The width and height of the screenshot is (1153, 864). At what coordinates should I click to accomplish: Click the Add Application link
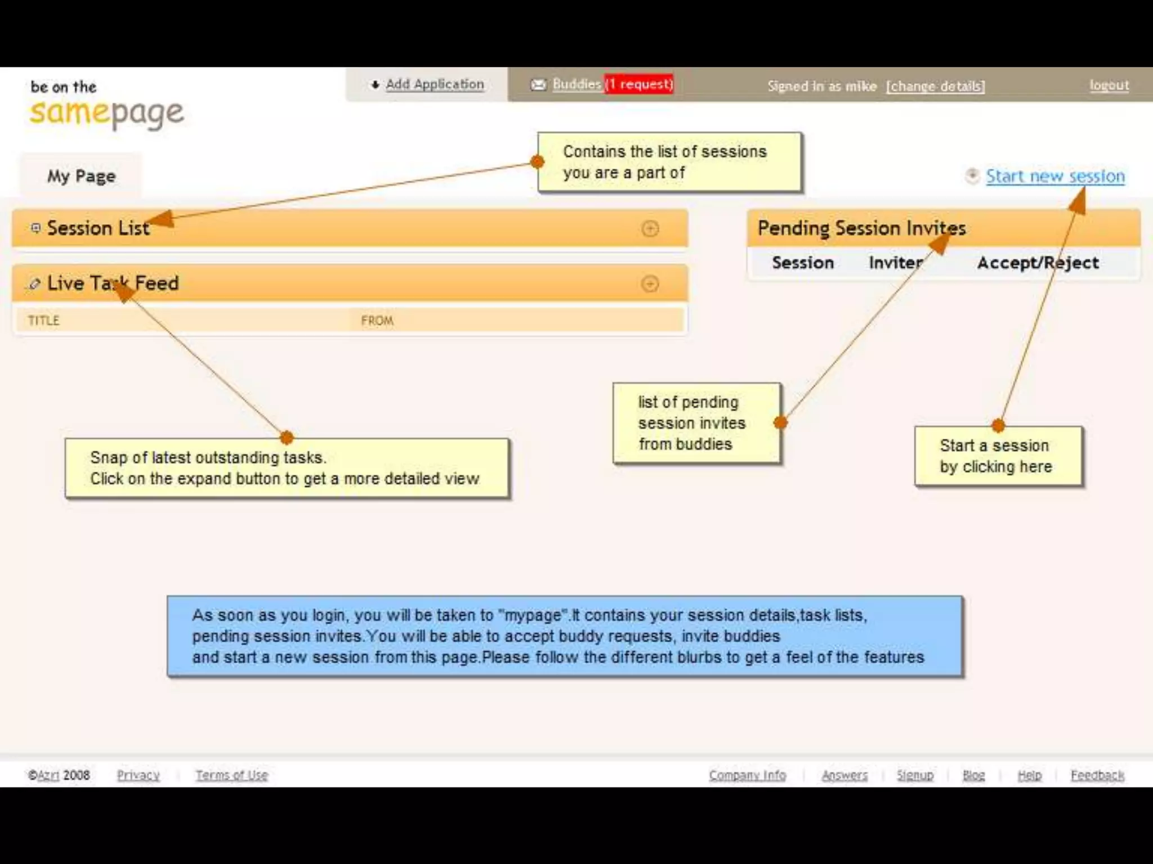point(434,84)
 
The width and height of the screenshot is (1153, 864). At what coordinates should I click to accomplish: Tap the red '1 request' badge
point(639,84)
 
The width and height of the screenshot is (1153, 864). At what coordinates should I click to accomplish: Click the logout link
point(1109,85)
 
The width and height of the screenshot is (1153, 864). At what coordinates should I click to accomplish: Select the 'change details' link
point(935,86)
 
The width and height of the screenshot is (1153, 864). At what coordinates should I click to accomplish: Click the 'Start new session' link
point(1054,176)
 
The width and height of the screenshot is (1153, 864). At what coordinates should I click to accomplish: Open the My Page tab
point(81,176)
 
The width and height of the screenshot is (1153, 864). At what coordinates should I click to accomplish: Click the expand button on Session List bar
point(650,228)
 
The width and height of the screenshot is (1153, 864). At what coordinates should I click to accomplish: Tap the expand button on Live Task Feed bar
point(650,283)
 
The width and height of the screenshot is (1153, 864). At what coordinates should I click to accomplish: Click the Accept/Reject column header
point(1038,263)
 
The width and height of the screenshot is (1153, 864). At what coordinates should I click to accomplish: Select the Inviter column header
point(895,263)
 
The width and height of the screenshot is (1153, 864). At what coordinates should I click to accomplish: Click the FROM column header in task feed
point(377,321)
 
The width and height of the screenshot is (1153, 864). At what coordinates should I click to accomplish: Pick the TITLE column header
point(44,321)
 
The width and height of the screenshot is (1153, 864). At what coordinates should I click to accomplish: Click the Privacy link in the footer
point(138,775)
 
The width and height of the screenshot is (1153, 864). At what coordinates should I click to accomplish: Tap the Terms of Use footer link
point(231,775)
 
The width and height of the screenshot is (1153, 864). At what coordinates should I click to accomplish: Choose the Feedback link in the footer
point(1097,775)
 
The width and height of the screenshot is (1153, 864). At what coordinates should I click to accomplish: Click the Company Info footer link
point(747,775)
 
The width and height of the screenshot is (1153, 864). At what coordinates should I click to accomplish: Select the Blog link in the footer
point(973,775)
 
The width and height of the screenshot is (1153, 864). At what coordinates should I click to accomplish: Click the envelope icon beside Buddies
point(538,84)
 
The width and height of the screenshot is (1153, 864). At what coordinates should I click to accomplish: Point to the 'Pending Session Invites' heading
point(861,228)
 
